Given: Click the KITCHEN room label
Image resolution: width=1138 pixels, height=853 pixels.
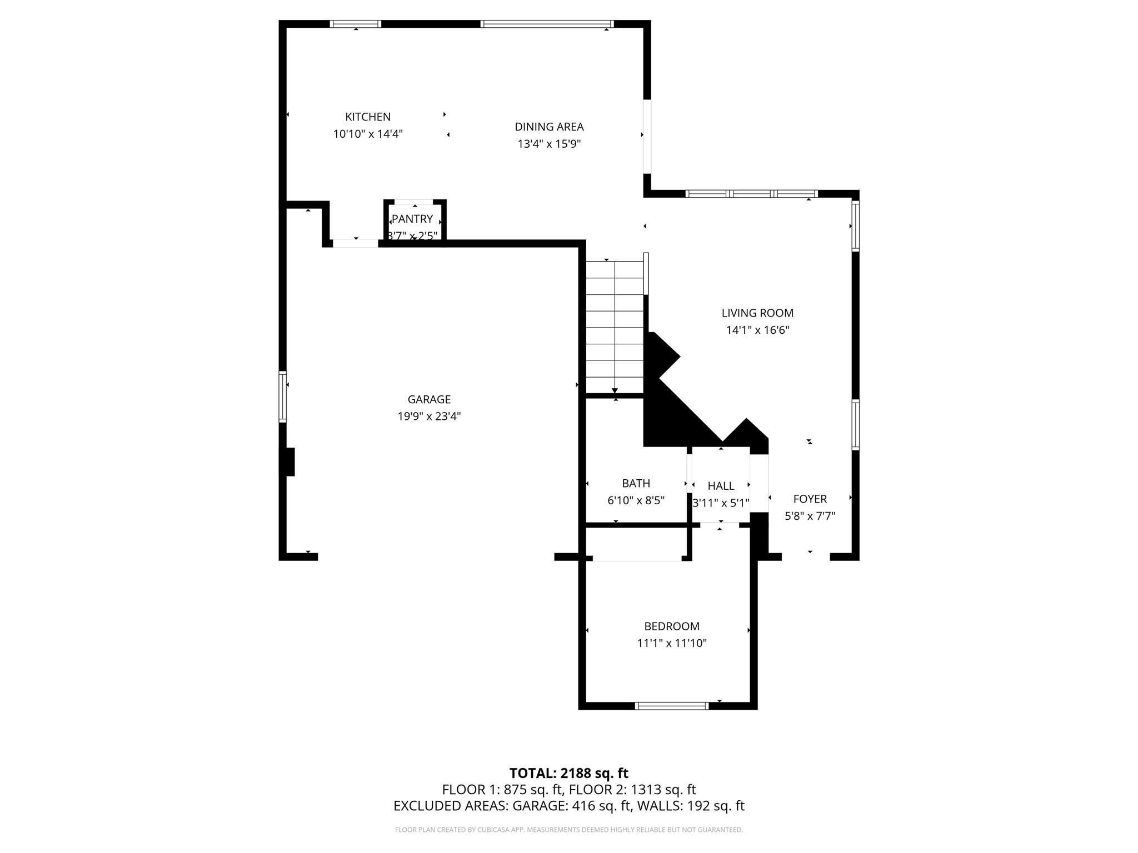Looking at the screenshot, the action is [x=368, y=117].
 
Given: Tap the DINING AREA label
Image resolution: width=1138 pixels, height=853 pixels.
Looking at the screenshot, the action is [x=549, y=127].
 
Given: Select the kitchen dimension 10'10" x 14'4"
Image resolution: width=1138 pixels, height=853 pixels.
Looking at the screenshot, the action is [x=368, y=134].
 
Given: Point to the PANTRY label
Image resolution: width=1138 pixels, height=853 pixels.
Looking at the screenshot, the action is [x=412, y=219].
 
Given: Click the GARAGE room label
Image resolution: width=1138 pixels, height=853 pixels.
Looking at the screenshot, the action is [x=429, y=399].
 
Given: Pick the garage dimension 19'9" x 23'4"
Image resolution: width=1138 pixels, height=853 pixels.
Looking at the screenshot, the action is [x=429, y=417].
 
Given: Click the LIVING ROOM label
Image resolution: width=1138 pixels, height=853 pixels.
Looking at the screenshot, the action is [x=757, y=313].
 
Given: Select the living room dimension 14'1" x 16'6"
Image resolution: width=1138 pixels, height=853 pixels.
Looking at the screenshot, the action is [x=757, y=330].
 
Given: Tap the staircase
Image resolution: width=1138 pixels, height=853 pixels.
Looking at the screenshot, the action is [x=615, y=327].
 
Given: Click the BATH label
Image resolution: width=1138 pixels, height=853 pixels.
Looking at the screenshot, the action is [x=636, y=483].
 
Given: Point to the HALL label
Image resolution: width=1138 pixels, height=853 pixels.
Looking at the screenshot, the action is [x=721, y=486].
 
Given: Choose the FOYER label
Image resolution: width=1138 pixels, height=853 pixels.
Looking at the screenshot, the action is [x=810, y=499].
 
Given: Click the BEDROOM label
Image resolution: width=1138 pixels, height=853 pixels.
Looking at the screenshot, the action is [x=672, y=626].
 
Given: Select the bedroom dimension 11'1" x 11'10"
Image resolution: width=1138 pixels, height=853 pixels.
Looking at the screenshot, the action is [x=672, y=644].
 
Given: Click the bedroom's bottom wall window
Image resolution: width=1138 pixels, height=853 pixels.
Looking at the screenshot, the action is [x=672, y=706].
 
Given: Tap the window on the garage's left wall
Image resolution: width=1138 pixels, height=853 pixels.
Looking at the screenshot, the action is [x=282, y=397].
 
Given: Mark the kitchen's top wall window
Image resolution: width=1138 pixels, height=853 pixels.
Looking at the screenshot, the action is [x=356, y=24].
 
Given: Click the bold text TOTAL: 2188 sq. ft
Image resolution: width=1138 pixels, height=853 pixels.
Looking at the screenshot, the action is [x=569, y=773].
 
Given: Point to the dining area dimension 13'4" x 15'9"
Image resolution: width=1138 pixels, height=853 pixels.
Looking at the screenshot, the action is [x=549, y=144].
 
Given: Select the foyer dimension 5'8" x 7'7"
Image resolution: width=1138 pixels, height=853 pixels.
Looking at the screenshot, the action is [x=810, y=516].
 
